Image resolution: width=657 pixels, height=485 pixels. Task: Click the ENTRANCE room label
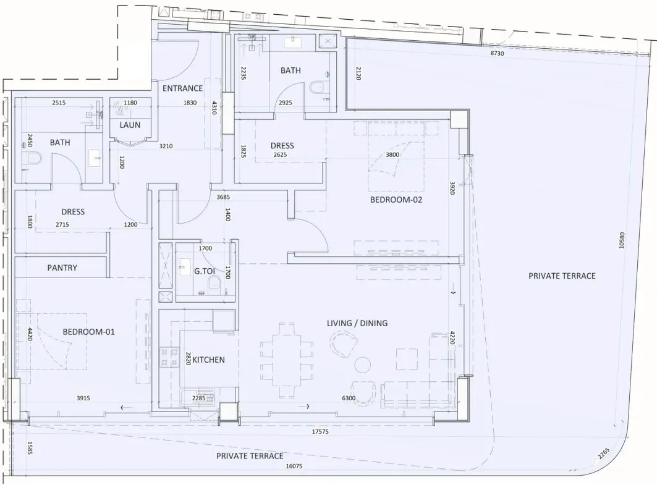pyautogui.click(x=182, y=88)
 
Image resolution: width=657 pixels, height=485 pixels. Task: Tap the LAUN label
pyautogui.click(x=130, y=125)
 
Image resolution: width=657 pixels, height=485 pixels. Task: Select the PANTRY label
pyautogui.click(x=62, y=268)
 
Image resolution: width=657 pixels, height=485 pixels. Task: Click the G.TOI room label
pyautogui.click(x=205, y=271)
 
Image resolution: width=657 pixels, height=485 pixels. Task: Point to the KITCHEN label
pyautogui.click(x=208, y=360)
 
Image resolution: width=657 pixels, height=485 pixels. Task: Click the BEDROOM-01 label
pyautogui.click(x=88, y=332)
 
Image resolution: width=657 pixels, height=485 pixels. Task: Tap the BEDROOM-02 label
pyautogui.click(x=396, y=200)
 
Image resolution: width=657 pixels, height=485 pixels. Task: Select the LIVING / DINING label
pyautogui.click(x=357, y=323)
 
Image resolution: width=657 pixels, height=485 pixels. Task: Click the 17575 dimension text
pyautogui.click(x=320, y=431)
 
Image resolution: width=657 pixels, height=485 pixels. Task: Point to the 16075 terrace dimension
pyautogui.click(x=294, y=466)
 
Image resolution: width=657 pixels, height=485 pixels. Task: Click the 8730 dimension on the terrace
pyautogui.click(x=497, y=53)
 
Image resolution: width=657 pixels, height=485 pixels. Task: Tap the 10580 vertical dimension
pyautogui.click(x=621, y=240)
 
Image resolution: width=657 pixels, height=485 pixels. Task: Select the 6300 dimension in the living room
pyautogui.click(x=349, y=399)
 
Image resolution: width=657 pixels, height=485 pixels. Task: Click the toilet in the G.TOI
pyautogui.click(x=214, y=283)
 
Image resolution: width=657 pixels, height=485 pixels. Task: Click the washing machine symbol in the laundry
pyautogui.click(x=121, y=108)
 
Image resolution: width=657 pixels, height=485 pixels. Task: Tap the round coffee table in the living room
pyautogui.click(x=362, y=365)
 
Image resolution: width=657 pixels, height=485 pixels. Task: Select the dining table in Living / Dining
pyautogui.click(x=287, y=361)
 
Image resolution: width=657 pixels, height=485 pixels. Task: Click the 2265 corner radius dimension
pyautogui.click(x=603, y=453)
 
